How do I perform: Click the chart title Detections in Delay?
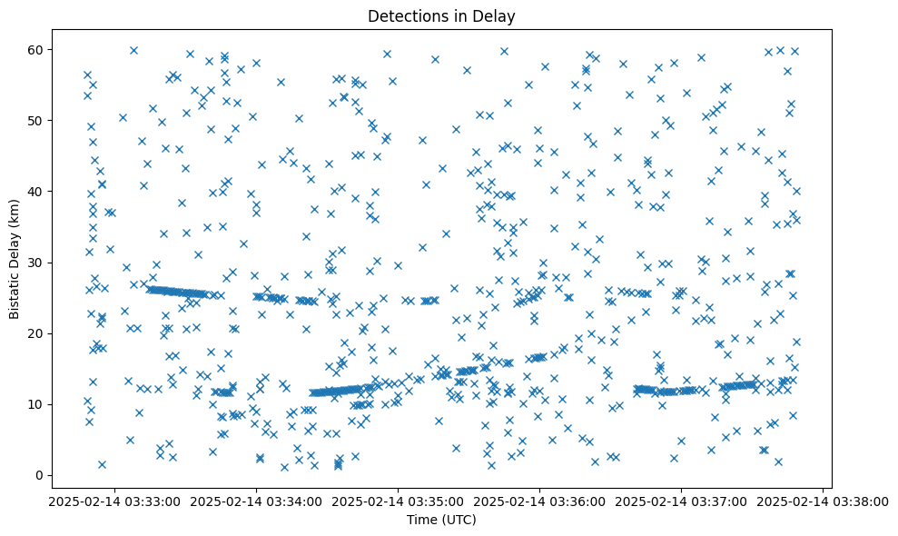click(441, 16)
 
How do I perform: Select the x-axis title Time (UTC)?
click(441, 520)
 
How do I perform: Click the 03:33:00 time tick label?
click(114, 501)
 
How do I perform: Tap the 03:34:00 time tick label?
click(256, 501)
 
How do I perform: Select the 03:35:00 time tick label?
click(398, 501)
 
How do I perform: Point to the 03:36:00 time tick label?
click(539, 501)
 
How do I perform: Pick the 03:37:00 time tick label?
click(681, 501)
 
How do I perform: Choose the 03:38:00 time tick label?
click(823, 501)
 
